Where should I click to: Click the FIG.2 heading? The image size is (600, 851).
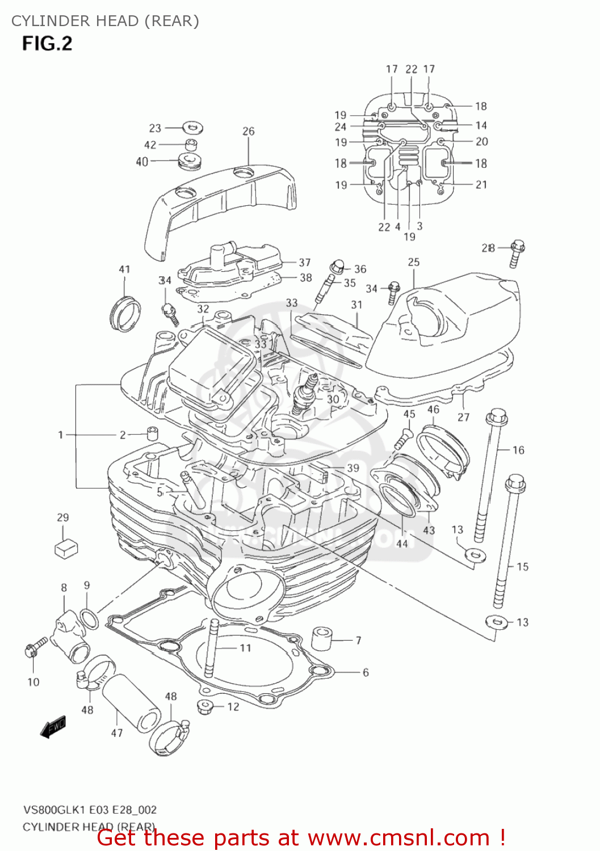coord(47,44)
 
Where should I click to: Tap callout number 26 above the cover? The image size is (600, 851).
coord(249,131)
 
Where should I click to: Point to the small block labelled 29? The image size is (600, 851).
coord(66,548)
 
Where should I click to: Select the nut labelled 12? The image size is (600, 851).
coord(204,707)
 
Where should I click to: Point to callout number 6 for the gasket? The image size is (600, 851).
coord(366,672)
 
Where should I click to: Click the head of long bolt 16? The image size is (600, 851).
coord(496,418)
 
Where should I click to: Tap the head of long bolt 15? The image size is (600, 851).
coord(515,483)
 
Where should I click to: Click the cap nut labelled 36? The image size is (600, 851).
coord(337,265)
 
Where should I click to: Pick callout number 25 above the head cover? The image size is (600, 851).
coord(414,262)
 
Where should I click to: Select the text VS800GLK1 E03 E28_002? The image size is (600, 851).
coord(90,810)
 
